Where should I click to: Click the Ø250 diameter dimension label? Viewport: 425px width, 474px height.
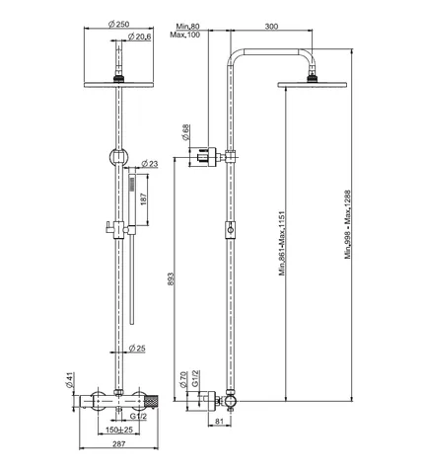pyautogui.click(x=118, y=24)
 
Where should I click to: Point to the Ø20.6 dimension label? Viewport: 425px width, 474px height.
pyautogui.click(x=139, y=37)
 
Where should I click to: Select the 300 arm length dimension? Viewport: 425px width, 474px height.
pyautogui.click(x=271, y=26)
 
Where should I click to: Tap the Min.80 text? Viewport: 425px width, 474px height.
pyautogui.click(x=187, y=26)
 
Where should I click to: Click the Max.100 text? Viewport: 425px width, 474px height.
pyautogui.click(x=184, y=35)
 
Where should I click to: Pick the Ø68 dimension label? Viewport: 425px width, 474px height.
pyautogui.click(x=186, y=132)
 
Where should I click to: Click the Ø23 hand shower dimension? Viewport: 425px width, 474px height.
pyautogui.click(x=150, y=164)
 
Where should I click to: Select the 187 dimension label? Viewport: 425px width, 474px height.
pyautogui.click(x=144, y=199)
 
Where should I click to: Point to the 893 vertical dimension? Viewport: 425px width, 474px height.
pyautogui.click(x=171, y=278)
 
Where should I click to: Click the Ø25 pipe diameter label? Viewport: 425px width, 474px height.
pyautogui.click(x=137, y=348)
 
